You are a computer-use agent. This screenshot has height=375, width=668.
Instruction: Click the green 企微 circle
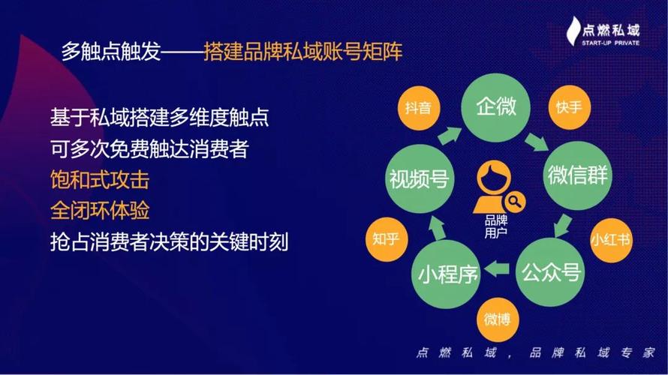tap(496, 107)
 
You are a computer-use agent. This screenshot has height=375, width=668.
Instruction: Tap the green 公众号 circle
tap(550, 271)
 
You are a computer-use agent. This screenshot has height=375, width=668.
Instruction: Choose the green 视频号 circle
tap(418, 178)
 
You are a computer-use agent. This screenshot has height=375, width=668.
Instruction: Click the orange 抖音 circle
tap(418, 107)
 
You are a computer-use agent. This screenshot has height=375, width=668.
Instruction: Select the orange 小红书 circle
tap(609, 241)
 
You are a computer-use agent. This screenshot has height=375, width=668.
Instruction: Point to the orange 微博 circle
tap(496, 320)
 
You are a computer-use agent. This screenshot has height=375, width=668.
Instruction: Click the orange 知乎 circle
tap(385, 241)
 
